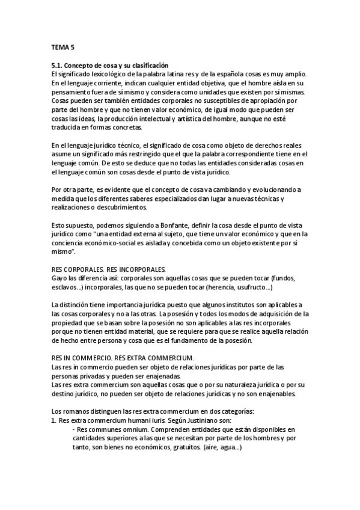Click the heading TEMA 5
[63, 46]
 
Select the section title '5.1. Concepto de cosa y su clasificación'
[110, 65]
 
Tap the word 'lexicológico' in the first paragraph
[105, 73]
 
